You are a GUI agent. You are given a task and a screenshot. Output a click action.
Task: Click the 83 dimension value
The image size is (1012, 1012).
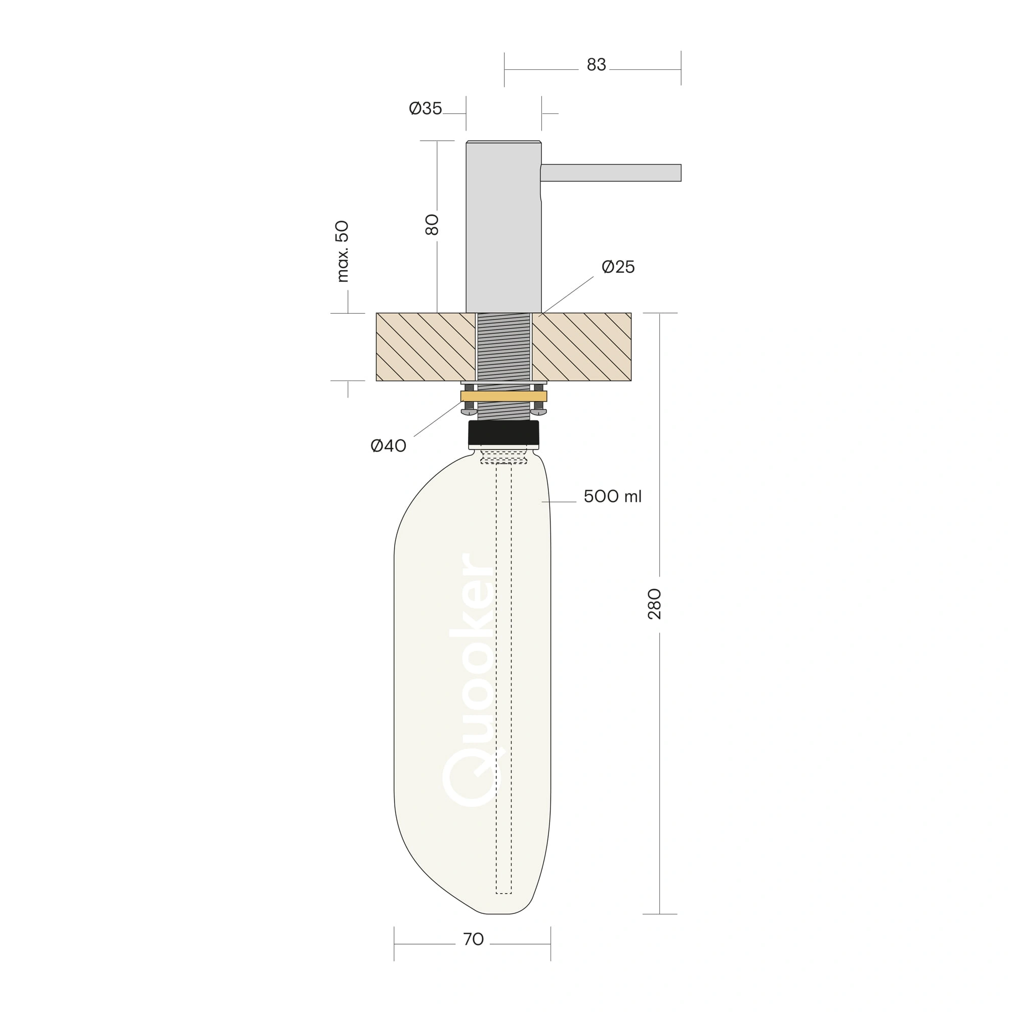[596, 64]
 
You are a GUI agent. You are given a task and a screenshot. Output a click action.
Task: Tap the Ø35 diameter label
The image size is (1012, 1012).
[426, 108]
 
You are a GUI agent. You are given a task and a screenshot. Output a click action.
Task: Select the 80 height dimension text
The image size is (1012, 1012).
[432, 225]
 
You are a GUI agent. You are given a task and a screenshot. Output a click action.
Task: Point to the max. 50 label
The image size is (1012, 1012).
[342, 251]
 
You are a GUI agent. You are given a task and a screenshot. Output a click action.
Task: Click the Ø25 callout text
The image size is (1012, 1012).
[618, 267]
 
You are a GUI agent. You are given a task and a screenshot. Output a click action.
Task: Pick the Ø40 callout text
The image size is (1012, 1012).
[388, 446]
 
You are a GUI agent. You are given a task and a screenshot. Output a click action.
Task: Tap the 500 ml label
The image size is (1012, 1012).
[612, 496]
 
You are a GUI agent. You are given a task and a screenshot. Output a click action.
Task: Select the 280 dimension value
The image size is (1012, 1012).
[655, 604]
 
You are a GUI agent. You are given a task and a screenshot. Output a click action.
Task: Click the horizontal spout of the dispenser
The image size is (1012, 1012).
[611, 173]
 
